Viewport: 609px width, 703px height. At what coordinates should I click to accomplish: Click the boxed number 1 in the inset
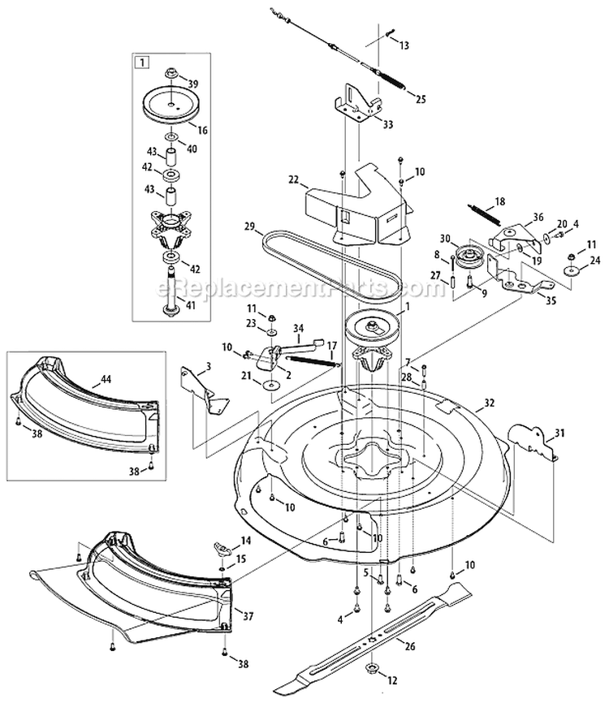(x=143, y=62)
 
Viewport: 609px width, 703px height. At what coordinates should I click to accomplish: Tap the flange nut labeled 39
(x=172, y=75)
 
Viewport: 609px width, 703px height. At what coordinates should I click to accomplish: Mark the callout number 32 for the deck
(x=488, y=400)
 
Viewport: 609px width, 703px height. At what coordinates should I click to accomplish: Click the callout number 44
(x=106, y=377)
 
